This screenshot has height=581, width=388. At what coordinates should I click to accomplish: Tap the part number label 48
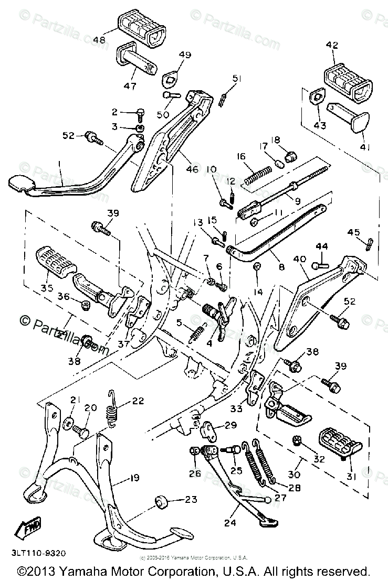point(99,39)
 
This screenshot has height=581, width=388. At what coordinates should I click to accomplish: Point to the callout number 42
point(332,45)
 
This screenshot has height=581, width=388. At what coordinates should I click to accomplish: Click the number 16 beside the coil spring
point(241,156)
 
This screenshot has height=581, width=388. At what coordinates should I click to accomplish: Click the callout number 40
point(299,259)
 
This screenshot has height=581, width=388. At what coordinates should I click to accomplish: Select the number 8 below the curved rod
point(281,267)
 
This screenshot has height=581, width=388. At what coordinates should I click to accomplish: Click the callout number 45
point(353,233)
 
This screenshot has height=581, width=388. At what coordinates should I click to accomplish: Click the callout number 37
point(124,343)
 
